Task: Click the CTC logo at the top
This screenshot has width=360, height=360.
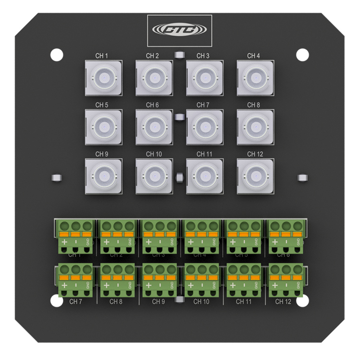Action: pos(180,30)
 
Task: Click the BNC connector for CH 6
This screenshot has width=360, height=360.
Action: pos(154,127)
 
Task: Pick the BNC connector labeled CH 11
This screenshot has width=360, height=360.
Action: pos(204,176)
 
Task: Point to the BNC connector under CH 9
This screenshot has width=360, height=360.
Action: pos(103,176)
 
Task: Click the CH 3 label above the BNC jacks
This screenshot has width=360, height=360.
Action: pos(203,56)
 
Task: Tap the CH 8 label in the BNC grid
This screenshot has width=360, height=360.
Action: pos(253,105)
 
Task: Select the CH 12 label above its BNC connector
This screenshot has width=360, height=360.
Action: pos(254,154)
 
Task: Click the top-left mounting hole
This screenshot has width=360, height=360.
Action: pos(57,55)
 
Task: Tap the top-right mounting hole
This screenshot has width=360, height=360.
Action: pos(302,55)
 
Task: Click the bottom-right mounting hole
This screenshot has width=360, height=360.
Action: pos(302,301)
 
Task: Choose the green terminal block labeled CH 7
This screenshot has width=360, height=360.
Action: pos(74,280)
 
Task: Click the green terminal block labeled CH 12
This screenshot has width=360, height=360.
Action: pos(285,280)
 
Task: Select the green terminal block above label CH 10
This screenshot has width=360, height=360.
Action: pos(202,280)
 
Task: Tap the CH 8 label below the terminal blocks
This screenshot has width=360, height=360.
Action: pos(116,302)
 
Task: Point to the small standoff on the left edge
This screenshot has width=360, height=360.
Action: pos(57,178)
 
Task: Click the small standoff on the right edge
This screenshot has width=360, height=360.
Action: pos(302,178)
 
